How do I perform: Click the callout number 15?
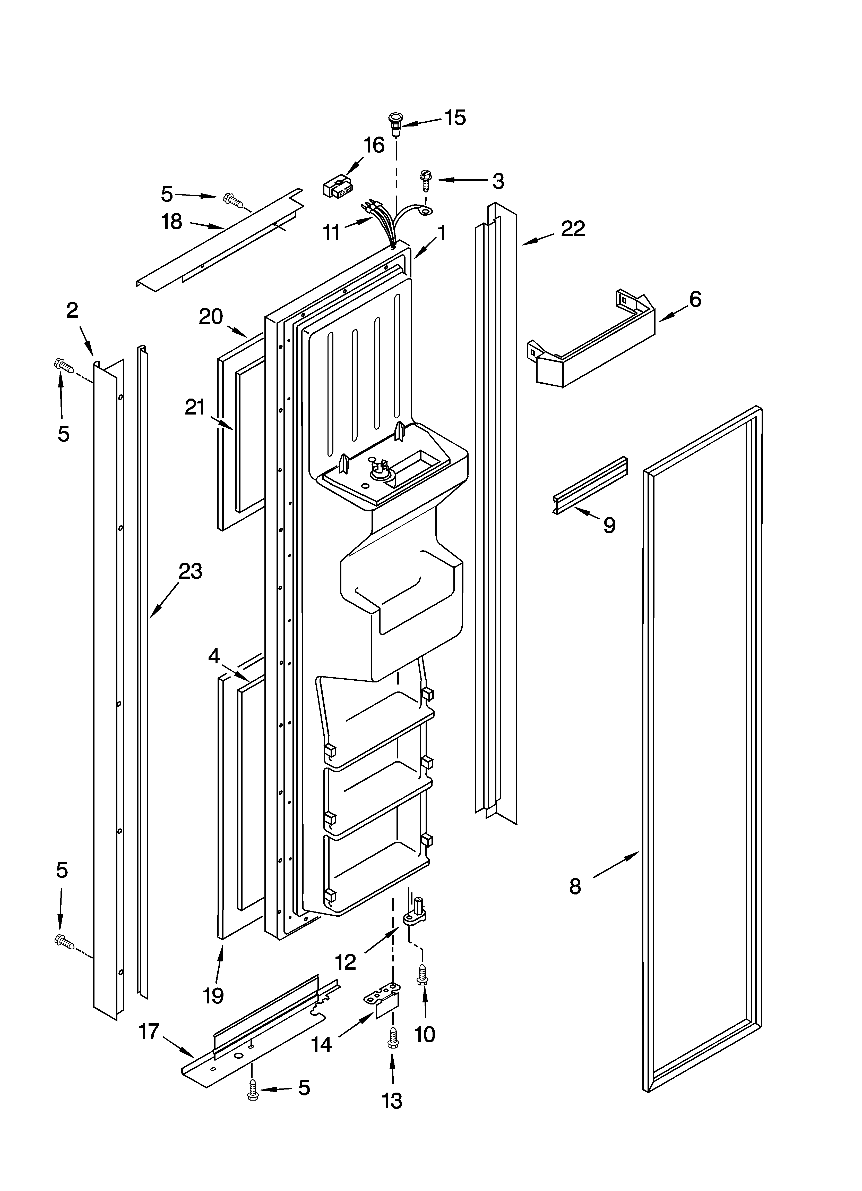click(x=455, y=118)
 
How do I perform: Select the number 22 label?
click(x=573, y=229)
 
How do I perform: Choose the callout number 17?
click(x=149, y=1031)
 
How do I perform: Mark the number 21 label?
click(x=195, y=407)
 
